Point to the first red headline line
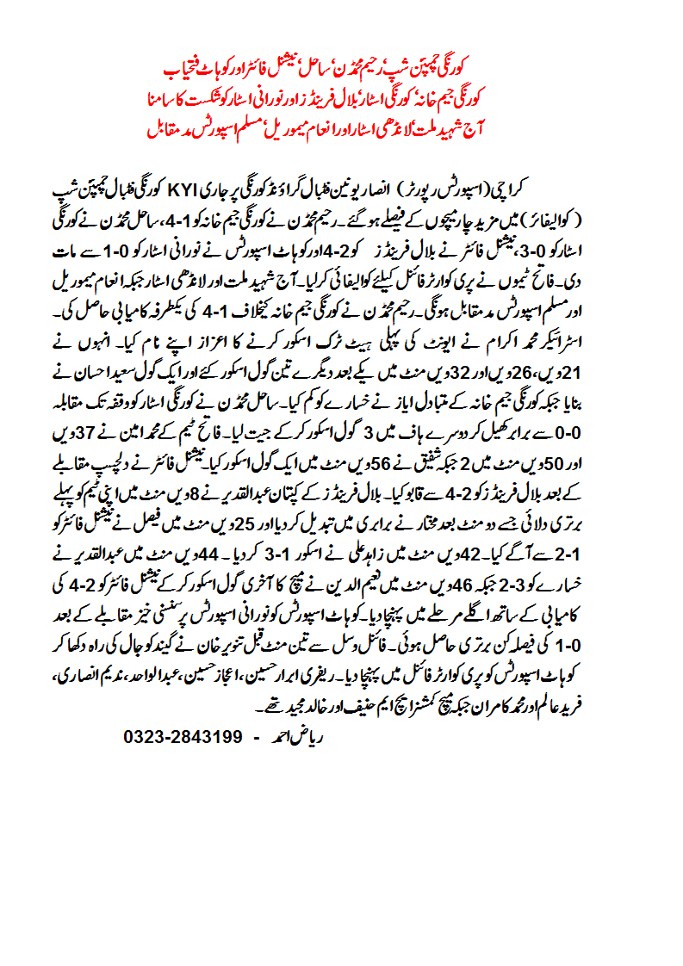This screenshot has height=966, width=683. click(340, 66)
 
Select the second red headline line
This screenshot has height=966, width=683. click(340, 98)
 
